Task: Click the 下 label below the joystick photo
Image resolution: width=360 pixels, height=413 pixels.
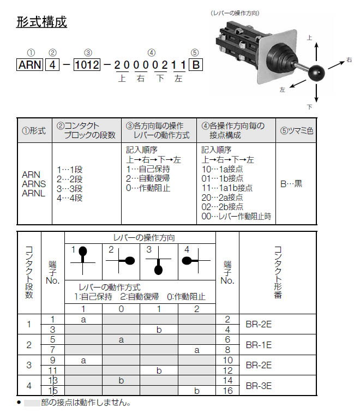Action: (309, 107)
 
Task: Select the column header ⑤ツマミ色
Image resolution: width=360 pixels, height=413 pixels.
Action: (296, 131)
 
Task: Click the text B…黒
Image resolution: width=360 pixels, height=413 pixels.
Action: (291, 184)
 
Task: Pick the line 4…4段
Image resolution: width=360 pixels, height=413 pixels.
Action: (70, 198)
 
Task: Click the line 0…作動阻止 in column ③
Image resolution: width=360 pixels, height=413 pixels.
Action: (148, 188)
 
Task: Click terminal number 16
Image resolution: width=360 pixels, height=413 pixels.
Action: (227, 391)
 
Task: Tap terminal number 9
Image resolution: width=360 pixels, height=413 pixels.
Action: (53, 360)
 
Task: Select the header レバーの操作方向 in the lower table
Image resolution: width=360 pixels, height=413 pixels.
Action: (140, 238)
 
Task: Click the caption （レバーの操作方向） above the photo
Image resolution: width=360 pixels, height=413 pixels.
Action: (234, 13)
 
